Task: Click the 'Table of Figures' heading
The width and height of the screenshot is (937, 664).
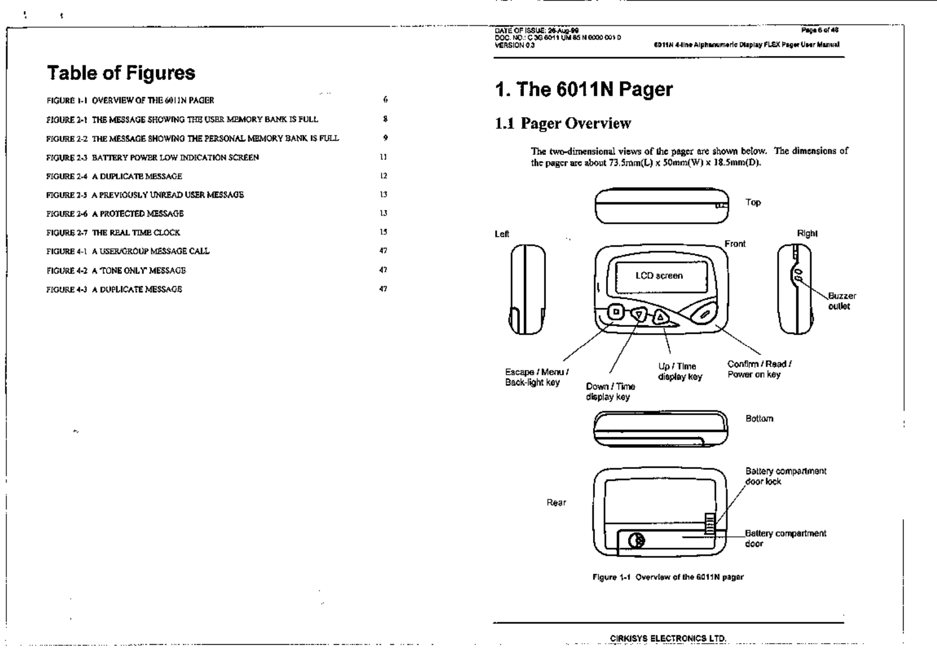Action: (x=121, y=73)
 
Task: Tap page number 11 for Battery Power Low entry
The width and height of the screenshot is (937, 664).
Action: (x=384, y=157)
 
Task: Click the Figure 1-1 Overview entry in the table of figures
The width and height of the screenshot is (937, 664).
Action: (x=130, y=101)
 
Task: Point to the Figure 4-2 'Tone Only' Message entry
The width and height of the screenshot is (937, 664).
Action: (x=116, y=270)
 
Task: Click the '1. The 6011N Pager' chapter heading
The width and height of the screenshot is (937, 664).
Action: (x=583, y=89)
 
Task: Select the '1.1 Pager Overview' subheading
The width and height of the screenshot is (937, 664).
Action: (x=563, y=123)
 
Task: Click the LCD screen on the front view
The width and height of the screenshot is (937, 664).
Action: (x=659, y=276)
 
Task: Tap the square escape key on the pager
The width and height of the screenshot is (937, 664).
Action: (x=617, y=312)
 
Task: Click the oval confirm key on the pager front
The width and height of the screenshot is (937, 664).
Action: (x=703, y=312)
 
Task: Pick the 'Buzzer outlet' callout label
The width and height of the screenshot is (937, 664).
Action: (x=841, y=301)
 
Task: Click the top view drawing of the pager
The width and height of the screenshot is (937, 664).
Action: (x=661, y=206)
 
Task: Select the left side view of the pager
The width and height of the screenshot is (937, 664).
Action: (x=528, y=289)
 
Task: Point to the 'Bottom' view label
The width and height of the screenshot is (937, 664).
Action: (x=759, y=419)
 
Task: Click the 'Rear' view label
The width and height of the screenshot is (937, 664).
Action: (x=556, y=502)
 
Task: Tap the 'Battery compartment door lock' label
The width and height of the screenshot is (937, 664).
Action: (x=785, y=476)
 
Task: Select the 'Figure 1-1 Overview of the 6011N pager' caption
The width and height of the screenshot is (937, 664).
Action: (x=668, y=577)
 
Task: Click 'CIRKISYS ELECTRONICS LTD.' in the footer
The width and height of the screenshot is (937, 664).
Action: (x=668, y=639)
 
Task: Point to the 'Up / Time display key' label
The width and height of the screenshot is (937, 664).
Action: (x=679, y=372)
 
